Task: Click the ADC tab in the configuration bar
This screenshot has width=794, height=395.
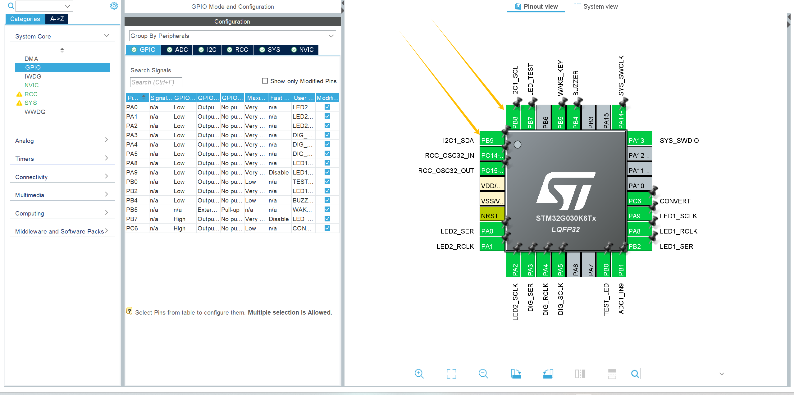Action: (177, 50)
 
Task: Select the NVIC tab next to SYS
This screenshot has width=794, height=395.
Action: (302, 50)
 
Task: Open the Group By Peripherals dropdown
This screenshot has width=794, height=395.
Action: (232, 36)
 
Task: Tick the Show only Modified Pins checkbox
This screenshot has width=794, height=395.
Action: (265, 81)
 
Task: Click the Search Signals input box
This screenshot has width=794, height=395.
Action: (156, 82)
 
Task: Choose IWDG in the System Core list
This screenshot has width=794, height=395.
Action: (33, 76)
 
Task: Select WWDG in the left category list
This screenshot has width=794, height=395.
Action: (35, 112)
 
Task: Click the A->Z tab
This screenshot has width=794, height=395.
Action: (57, 19)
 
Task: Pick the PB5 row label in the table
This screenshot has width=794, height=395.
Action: (132, 210)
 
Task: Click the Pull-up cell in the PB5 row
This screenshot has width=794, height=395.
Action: (230, 210)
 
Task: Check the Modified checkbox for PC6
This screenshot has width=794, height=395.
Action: (327, 228)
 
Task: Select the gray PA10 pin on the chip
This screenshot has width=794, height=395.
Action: (639, 185)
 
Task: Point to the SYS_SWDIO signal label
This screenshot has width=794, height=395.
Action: (679, 140)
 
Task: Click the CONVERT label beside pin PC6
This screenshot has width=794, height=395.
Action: (675, 201)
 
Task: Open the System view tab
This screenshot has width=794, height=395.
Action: (596, 7)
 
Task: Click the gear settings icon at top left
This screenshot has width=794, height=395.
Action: (114, 6)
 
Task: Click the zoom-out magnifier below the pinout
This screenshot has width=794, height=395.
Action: (483, 374)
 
